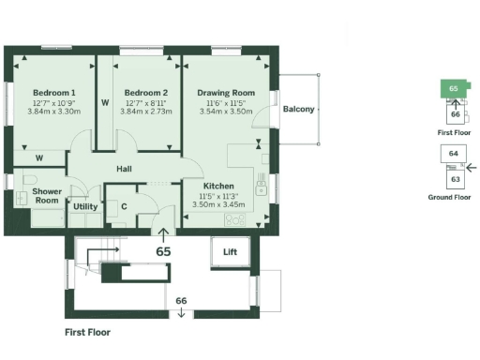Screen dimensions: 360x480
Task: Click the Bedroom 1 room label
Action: (53, 93)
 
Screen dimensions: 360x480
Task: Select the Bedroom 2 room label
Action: (145, 93)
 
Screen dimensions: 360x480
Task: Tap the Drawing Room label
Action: (226, 93)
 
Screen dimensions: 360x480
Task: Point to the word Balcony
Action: (299, 110)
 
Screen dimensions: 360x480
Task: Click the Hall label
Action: (124, 169)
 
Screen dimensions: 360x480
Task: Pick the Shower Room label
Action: (47, 196)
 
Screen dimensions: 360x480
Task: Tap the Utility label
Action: (85, 206)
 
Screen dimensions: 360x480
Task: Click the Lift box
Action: (230, 252)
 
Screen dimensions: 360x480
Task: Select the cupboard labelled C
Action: (124, 205)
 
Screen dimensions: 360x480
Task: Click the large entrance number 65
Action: (164, 251)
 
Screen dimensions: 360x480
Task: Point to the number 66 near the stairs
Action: (182, 300)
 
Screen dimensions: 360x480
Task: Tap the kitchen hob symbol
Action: (234, 221)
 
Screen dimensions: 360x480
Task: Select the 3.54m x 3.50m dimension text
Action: (226, 111)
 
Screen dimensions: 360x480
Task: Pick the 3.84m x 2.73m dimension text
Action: (145, 111)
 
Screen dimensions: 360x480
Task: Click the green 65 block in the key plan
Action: (454, 89)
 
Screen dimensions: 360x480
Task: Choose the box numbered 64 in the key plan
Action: (454, 153)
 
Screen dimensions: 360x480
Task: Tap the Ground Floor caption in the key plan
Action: (449, 198)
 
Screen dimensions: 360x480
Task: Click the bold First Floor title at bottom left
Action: (91, 332)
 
